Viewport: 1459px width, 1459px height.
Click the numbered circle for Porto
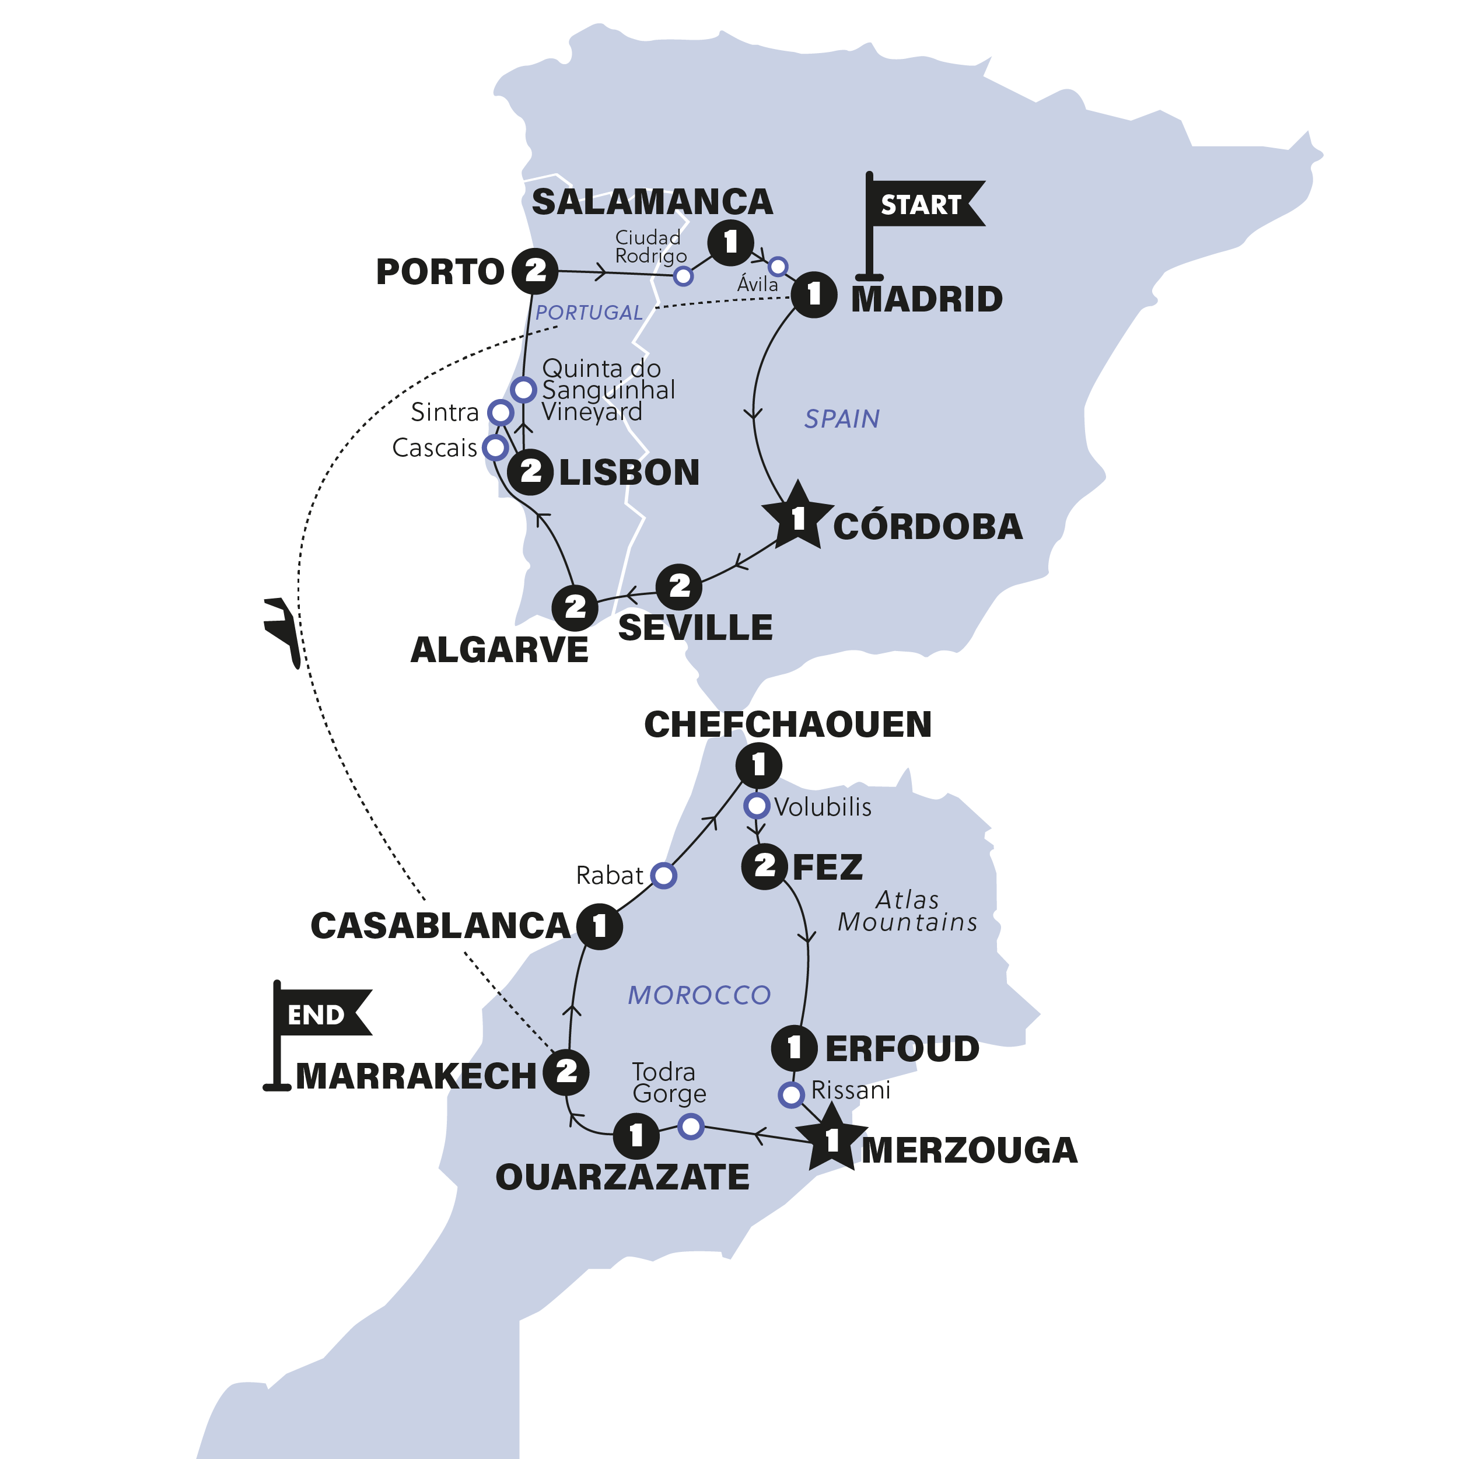click(x=536, y=270)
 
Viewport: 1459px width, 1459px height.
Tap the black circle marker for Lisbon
click(x=530, y=472)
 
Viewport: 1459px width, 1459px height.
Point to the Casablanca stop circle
click(x=600, y=926)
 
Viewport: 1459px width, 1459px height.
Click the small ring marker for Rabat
click(x=664, y=875)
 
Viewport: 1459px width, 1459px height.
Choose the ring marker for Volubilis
click(x=757, y=806)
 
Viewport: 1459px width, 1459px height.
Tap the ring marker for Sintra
click(x=501, y=412)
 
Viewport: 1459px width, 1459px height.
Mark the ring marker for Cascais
click(x=495, y=447)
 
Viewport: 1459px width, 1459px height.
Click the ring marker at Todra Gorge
click(x=691, y=1126)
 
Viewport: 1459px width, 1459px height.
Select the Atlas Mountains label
click(x=908, y=911)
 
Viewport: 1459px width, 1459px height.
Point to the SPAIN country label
click(x=842, y=418)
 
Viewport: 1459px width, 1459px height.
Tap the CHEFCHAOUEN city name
click(x=788, y=724)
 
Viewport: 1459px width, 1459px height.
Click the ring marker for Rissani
click(x=790, y=1094)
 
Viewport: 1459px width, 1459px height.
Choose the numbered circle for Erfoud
click(x=794, y=1047)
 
